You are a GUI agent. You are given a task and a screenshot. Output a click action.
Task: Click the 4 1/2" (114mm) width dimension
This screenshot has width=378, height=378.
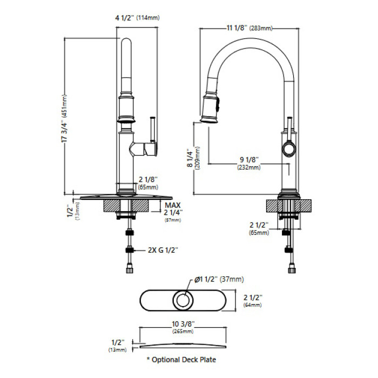point(137,18)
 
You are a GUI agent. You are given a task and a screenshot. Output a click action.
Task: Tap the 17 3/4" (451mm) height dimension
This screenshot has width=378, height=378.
point(64,118)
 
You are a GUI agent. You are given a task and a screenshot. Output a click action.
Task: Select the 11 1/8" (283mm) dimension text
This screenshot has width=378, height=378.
point(249,28)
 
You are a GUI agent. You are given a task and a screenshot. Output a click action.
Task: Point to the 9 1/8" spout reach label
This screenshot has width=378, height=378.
point(249,160)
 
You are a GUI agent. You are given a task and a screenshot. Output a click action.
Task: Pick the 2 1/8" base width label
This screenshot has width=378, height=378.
point(148,180)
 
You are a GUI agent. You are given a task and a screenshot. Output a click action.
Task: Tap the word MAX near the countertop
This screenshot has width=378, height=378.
point(173,205)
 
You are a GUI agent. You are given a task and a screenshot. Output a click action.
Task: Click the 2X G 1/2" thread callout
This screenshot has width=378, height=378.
point(163,250)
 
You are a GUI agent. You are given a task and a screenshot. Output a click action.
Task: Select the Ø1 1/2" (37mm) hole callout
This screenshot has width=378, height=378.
point(219,279)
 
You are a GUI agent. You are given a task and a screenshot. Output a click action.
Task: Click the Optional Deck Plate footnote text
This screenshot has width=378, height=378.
point(181,360)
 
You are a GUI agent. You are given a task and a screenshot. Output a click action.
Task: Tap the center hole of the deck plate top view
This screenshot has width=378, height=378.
point(183,300)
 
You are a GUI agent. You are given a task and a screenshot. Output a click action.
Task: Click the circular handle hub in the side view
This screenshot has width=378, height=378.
point(288,148)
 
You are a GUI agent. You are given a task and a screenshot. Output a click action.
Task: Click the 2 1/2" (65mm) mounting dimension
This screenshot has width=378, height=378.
point(259,228)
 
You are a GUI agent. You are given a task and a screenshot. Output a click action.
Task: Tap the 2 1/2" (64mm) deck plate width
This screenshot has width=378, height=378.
point(253,301)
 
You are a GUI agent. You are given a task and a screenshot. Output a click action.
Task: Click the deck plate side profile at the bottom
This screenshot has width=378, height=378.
point(183,346)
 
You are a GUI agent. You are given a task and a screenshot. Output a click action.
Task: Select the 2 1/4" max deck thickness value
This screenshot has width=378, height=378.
point(173,212)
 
